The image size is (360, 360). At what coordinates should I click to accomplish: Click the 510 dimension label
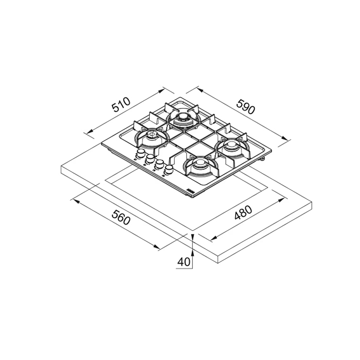(121, 105)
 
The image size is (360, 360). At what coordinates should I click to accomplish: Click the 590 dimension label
(246, 106)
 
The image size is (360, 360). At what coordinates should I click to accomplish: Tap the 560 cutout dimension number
(121, 217)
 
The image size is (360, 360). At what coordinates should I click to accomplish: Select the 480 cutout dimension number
(243, 212)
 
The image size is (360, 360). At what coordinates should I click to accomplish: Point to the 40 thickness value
(184, 262)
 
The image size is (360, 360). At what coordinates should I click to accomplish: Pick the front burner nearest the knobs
(200, 167)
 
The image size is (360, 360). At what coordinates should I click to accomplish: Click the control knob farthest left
(141, 153)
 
